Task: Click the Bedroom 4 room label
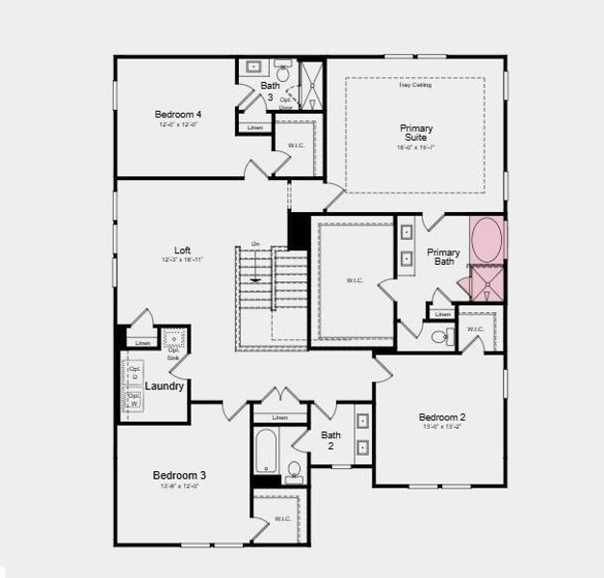click(x=177, y=115)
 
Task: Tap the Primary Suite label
click(x=417, y=133)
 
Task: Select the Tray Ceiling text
click(x=416, y=86)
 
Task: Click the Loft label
click(x=181, y=250)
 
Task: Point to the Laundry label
click(x=165, y=386)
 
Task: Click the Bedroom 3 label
click(x=179, y=475)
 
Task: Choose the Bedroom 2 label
click(x=442, y=417)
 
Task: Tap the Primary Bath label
click(x=444, y=257)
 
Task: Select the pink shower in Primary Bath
click(x=486, y=283)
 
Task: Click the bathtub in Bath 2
click(x=266, y=449)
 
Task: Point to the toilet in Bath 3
click(x=284, y=71)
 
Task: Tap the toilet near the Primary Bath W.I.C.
click(x=439, y=336)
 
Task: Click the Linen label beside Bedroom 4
click(x=255, y=128)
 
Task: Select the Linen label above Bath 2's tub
click(x=279, y=418)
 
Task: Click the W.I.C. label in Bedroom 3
click(x=282, y=518)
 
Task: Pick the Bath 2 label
click(x=329, y=440)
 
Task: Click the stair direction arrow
click(x=253, y=279)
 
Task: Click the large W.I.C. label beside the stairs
click(x=354, y=281)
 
